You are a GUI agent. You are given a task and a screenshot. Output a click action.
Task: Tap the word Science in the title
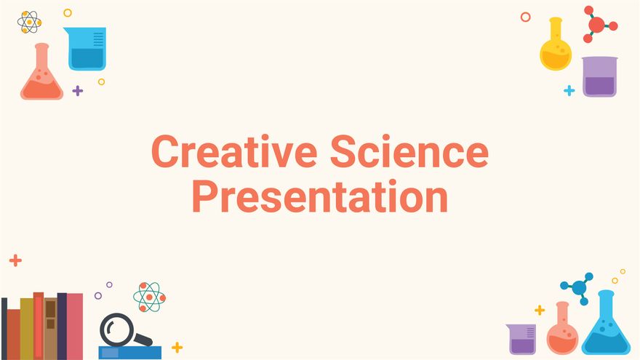[x=409, y=153]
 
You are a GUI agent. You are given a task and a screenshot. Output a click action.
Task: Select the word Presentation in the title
[x=320, y=196]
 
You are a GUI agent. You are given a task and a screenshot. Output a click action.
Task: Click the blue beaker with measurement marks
[x=87, y=49]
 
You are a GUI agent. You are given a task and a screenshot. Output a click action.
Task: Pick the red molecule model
[x=598, y=25]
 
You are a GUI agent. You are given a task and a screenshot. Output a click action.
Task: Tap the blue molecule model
[x=579, y=287]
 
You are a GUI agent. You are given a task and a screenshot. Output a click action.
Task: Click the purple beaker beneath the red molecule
[x=599, y=77]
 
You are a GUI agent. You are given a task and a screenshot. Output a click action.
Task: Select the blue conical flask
[x=606, y=327]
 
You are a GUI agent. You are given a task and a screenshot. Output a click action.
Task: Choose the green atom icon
[x=149, y=297]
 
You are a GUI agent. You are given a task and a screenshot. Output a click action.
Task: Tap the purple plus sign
[x=78, y=91]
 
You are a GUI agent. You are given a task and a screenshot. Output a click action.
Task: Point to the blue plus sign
[x=569, y=91]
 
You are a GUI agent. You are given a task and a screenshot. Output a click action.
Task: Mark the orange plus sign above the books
[x=15, y=260]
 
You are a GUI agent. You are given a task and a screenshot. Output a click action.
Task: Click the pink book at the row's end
[x=75, y=326]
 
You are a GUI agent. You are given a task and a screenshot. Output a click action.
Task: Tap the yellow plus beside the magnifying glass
[x=177, y=347]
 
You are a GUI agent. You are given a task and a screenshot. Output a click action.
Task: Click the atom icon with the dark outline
[x=29, y=22]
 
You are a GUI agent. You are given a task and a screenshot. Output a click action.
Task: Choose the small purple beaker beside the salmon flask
[x=521, y=340]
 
